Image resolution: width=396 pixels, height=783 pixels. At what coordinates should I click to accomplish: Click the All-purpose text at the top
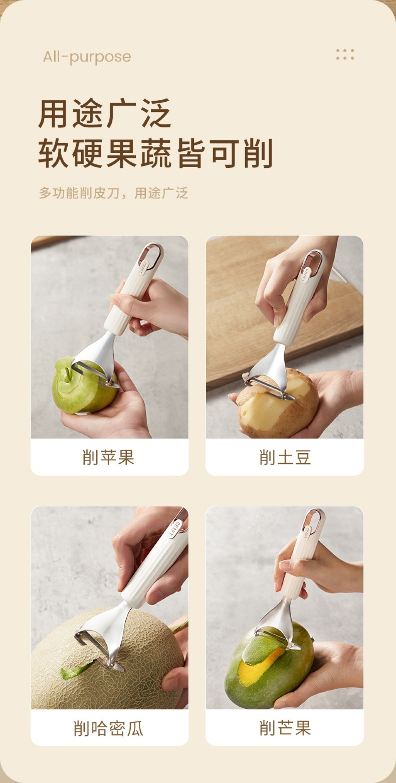pos(87,57)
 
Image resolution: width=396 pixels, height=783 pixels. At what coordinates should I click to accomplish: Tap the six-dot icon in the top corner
pos(345,55)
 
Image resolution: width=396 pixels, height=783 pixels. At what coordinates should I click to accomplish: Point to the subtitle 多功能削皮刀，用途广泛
pos(113,193)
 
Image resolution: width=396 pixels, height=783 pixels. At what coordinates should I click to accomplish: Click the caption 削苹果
pos(108,457)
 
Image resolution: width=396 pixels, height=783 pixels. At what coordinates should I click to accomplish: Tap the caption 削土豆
pos(285,457)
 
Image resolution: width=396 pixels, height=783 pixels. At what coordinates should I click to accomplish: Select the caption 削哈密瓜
pos(108,728)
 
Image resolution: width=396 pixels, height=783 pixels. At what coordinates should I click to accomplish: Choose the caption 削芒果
pos(285,728)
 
